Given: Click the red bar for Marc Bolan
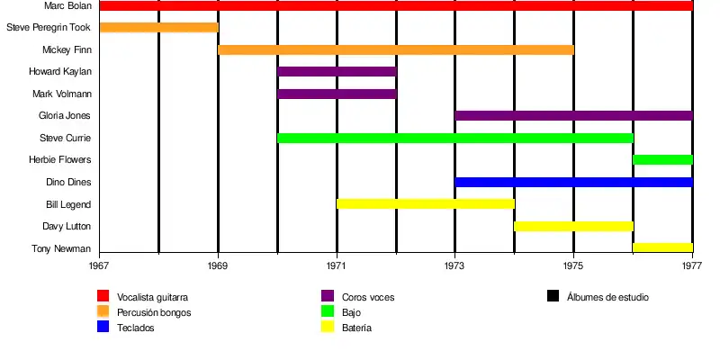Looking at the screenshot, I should tap(396, 5).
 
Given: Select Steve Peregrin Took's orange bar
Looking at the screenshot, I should tap(158, 27).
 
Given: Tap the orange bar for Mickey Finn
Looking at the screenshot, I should tap(396, 49).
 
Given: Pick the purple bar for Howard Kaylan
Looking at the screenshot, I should tap(337, 71).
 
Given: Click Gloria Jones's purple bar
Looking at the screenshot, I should tap(573, 115).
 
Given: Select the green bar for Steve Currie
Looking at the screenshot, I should tap(454, 138).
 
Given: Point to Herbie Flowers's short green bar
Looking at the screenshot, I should tap(662, 159).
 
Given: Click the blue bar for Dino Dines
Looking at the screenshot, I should tap(573, 182).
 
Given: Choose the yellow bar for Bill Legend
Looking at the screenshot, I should tap(425, 203).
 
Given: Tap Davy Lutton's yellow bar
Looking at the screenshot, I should tap(573, 226).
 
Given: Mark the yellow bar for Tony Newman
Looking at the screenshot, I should tap(662, 247).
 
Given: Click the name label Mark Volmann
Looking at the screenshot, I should tap(62, 94).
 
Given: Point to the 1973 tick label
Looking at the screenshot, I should tap(455, 266).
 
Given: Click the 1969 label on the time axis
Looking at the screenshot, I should tap(218, 266).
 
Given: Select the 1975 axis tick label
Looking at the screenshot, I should tap(573, 266).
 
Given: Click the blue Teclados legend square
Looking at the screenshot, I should tap(103, 328).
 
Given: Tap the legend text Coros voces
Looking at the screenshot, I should tap(368, 297).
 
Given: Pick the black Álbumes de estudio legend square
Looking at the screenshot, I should tap(553, 296).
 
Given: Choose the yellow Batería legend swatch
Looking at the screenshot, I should tap(328, 328).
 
